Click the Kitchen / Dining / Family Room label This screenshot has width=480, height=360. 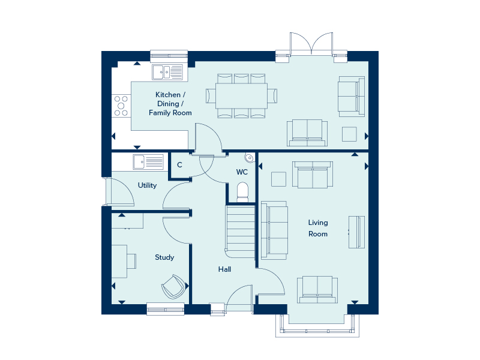[x=170, y=104]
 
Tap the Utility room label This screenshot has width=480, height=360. [x=147, y=185]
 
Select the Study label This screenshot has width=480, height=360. [x=164, y=257]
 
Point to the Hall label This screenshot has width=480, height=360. [x=224, y=269]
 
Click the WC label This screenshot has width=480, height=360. [x=242, y=172]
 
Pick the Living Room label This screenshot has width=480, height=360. [x=318, y=228]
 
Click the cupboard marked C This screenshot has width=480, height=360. [x=179, y=165]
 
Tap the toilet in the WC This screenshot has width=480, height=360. [x=242, y=191]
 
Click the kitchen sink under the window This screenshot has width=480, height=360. [x=167, y=72]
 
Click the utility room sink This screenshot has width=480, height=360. [x=148, y=161]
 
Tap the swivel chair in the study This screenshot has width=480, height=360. [x=174, y=286]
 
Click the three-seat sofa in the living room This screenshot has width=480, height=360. [x=274, y=230]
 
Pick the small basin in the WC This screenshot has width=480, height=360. [x=248, y=158]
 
